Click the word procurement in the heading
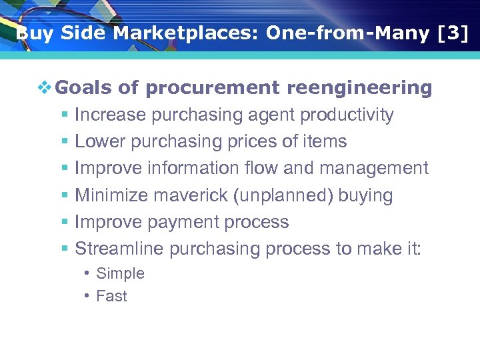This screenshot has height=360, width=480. (212, 88)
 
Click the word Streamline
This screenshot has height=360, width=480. (119, 249)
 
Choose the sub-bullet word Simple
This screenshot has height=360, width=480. (120, 273)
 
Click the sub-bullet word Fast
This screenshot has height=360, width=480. (111, 297)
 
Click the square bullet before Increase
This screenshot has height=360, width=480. (64, 115)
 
